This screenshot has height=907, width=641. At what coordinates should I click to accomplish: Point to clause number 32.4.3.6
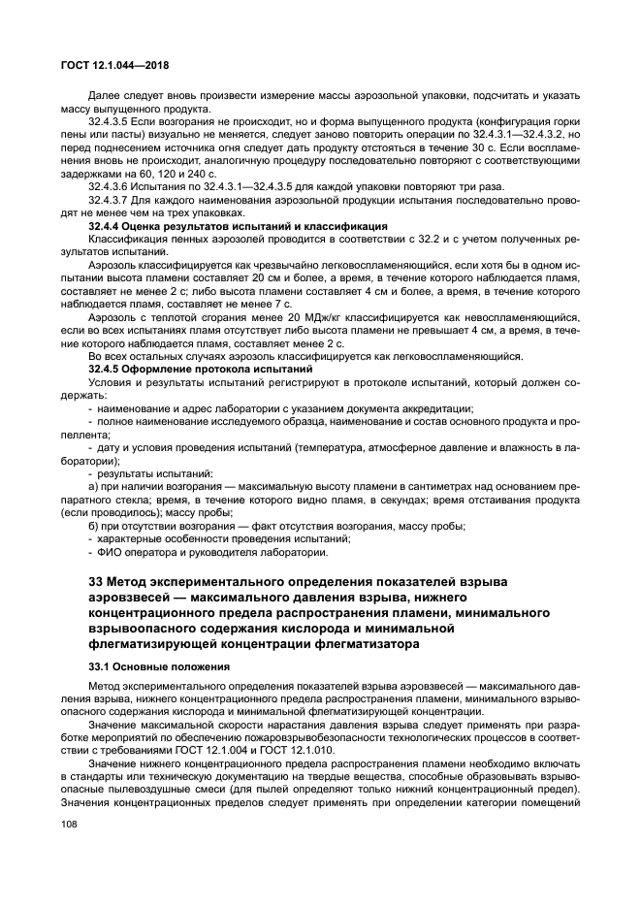coord(111,185)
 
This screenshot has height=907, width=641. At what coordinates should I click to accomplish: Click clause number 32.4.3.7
coord(111,200)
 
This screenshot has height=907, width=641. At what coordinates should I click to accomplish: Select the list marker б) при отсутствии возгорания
coord(94,525)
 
